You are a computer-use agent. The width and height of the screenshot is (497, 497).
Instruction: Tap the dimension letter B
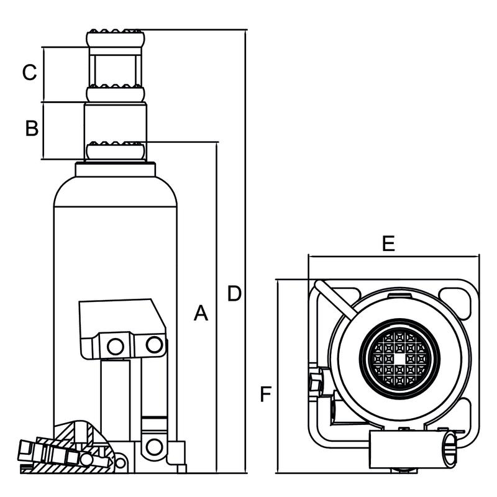click(x=32, y=129)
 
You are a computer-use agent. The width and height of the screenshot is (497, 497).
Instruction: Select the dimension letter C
click(x=30, y=73)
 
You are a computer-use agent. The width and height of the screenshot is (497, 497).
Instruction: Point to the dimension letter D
click(x=234, y=294)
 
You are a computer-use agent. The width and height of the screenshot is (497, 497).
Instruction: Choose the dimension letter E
click(x=388, y=244)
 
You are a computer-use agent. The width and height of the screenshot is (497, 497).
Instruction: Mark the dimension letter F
click(x=266, y=394)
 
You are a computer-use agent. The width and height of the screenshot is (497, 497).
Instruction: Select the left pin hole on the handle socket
click(x=115, y=347)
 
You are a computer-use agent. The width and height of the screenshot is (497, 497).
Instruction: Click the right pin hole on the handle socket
click(x=153, y=344)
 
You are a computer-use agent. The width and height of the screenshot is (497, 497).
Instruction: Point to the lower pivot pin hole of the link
click(x=153, y=446)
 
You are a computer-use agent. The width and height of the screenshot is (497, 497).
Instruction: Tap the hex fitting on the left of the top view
click(x=315, y=380)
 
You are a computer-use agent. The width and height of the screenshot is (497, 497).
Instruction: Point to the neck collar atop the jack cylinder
click(x=116, y=170)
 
